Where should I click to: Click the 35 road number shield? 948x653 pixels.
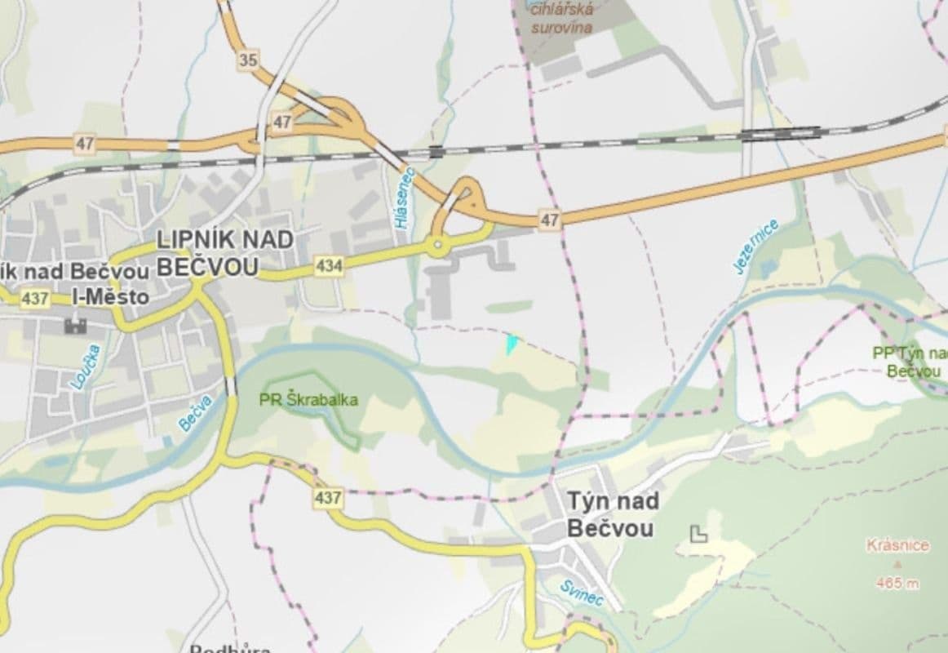click(249, 59)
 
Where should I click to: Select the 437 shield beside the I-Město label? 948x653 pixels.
click(35, 299)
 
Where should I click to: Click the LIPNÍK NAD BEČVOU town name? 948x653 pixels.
click(206, 252)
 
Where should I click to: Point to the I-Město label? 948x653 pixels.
click(110, 297)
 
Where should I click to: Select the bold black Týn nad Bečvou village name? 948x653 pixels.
click(611, 514)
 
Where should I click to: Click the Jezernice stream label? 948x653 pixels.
click(756, 247)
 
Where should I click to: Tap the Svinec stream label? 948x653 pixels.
click(582, 593)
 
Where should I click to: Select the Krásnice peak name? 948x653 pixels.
click(897, 545)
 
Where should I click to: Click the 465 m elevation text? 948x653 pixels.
click(897, 583)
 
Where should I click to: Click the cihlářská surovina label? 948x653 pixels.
click(563, 17)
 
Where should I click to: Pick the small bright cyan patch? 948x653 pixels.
click(512, 344)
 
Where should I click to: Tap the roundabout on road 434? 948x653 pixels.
click(438, 244)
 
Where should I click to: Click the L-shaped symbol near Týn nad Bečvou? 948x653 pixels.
click(698, 535)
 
